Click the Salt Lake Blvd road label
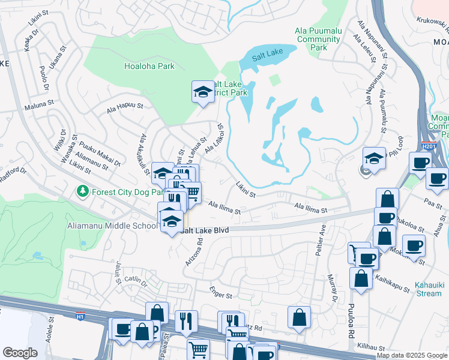coord(205,230)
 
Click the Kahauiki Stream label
coord(429,290)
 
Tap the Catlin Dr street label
coord(136,279)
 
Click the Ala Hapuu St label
coord(125,107)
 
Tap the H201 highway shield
coord(427,145)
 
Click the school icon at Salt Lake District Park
coord(202,92)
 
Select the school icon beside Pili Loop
coord(374,159)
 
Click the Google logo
coord(20,353)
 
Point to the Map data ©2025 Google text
coord(411,355)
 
